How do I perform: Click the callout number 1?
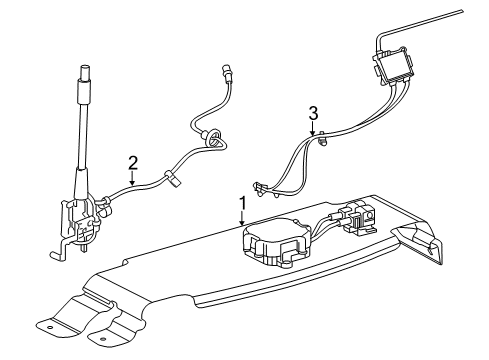pyautogui.click(x=243, y=203)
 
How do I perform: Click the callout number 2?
pyautogui.click(x=133, y=163)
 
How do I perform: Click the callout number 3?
pyautogui.click(x=313, y=113)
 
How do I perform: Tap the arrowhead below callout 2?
pyautogui.click(x=133, y=182)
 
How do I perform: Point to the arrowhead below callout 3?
pyautogui.click(x=313, y=132)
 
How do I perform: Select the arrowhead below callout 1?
pyautogui.click(x=243, y=223)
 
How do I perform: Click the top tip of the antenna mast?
pyautogui.click(x=85, y=67)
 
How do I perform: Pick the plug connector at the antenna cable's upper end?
pyautogui.click(x=228, y=72)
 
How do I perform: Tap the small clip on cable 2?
pyautogui.click(x=172, y=178)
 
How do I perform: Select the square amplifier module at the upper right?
pyautogui.click(x=394, y=65)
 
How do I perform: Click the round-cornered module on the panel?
pyautogui.click(x=275, y=240)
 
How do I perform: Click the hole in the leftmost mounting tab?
pyautogui.click(x=50, y=327)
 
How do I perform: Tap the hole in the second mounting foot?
pyautogui.click(x=103, y=340)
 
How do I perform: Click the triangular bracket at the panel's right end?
pyautogui.click(x=420, y=242)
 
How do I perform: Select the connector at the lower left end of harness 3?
pyautogui.click(x=260, y=189)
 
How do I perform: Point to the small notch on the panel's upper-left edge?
pyautogui.click(x=126, y=261)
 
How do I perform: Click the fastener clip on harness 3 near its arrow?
pyautogui.click(x=322, y=139)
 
